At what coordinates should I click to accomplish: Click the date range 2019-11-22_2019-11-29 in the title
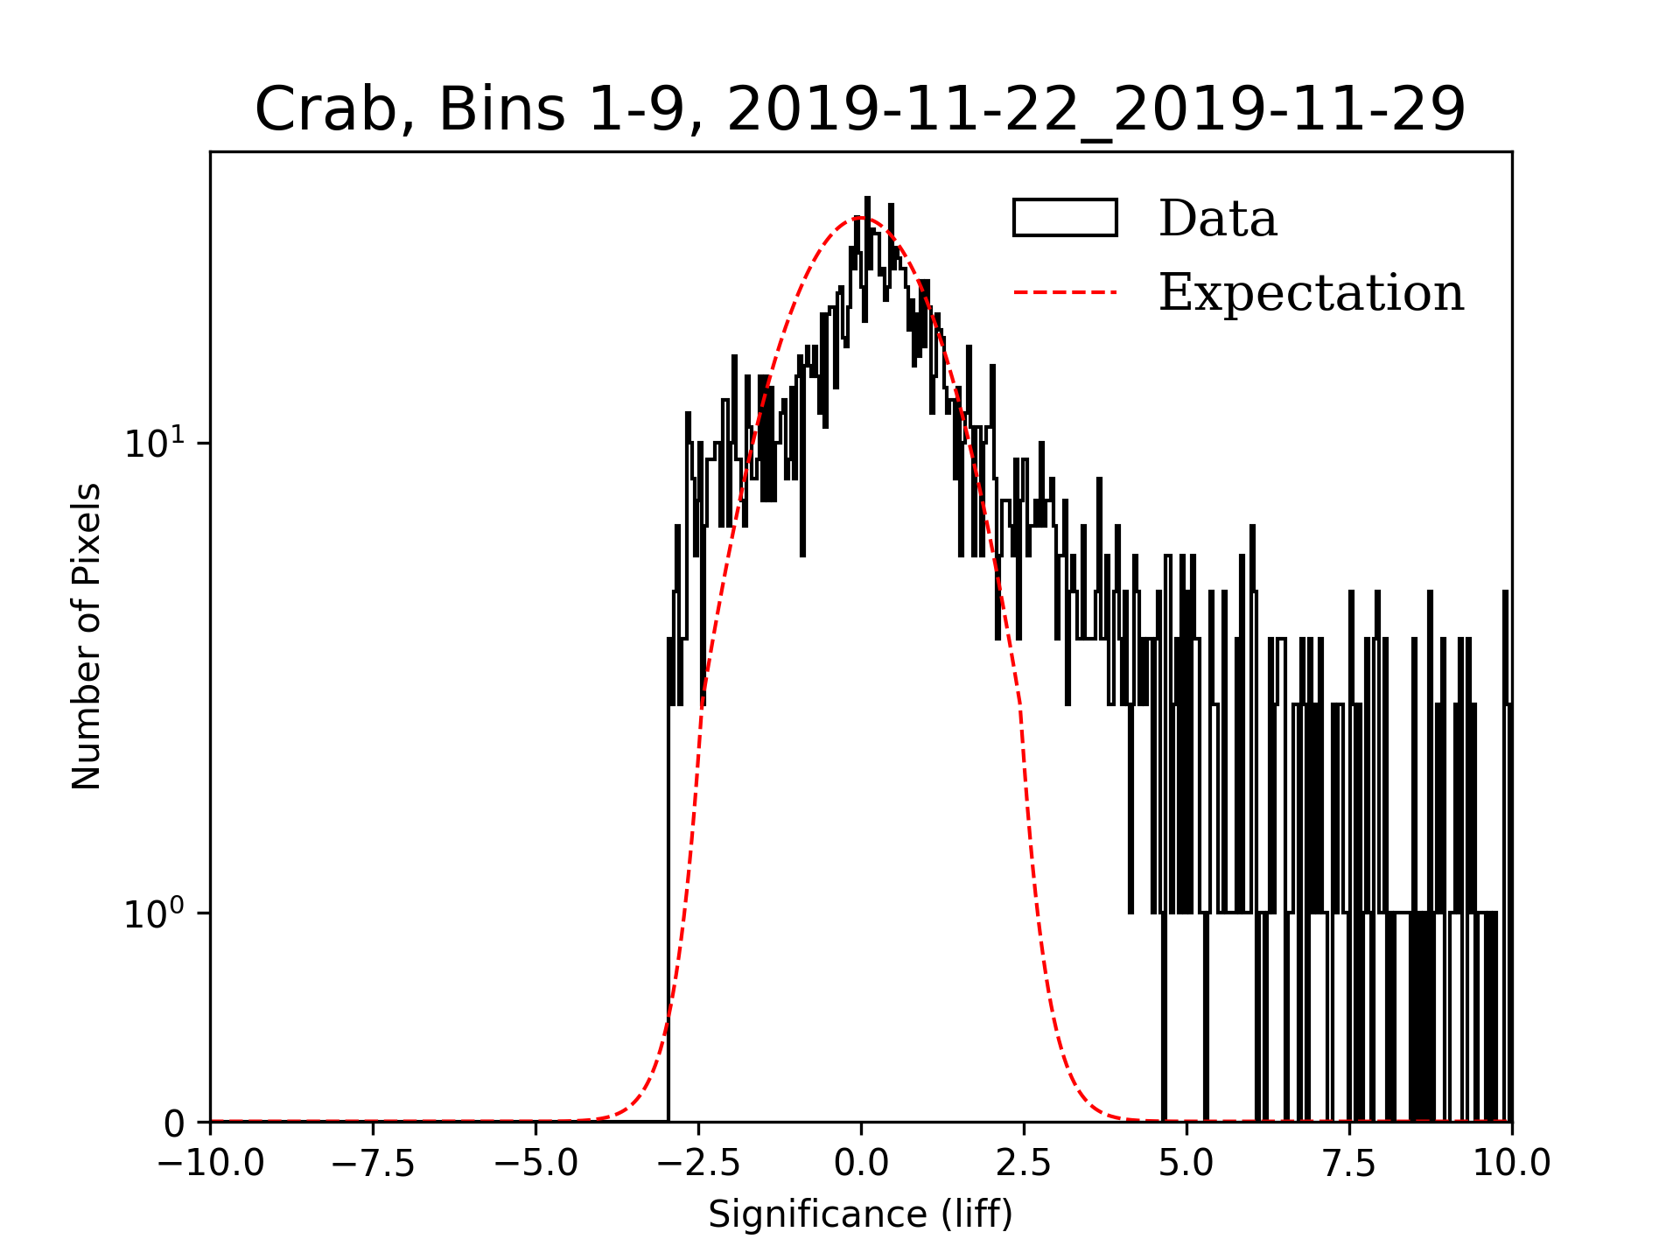click(1095, 110)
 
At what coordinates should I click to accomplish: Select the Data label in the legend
click(1217, 219)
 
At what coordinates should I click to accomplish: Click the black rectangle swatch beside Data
click(1065, 218)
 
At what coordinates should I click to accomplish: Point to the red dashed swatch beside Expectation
click(1065, 292)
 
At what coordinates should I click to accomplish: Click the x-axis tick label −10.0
click(211, 1164)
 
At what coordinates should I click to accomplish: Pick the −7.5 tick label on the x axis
click(374, 1164)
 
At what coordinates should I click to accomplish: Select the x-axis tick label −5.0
click(536, 1164)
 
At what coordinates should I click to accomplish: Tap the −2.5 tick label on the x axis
click(699, 1164)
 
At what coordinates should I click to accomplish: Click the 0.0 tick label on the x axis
click(861, 1164)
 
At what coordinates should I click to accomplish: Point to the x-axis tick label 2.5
click(1024, 1164)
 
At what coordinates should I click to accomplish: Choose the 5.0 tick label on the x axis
click(1186, 1164)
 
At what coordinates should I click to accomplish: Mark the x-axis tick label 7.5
click(1349, 1164)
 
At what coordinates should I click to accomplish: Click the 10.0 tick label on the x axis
click(1511, 1164)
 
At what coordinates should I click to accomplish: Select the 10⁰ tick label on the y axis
click(155, 913)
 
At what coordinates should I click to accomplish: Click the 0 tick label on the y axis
click(174, 1124)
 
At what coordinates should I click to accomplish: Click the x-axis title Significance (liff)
click(860, 1214)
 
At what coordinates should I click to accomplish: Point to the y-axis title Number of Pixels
click(87, 636)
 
